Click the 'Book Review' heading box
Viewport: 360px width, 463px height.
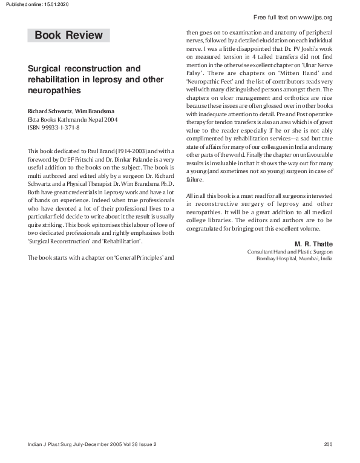coord(68,35)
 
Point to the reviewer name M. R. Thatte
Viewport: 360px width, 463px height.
coord(313,243)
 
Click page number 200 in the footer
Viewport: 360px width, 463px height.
coord(328,445)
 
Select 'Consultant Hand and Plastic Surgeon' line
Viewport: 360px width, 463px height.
coord(290,251)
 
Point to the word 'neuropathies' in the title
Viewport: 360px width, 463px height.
coord(54,90)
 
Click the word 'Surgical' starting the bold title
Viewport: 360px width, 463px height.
coord(47,68)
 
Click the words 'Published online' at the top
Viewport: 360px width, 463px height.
coord(21,4)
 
